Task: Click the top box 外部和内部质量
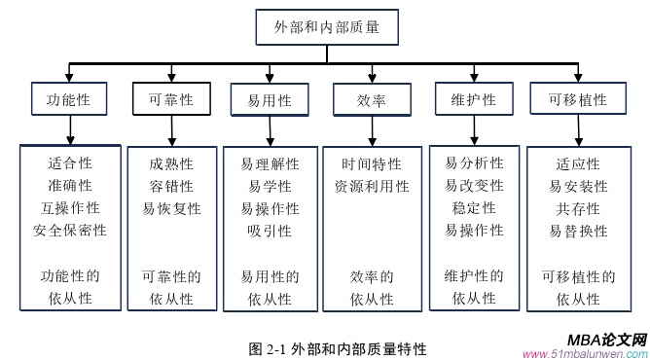[327, 28]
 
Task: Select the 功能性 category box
[67, 100]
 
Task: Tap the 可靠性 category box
[170, 99]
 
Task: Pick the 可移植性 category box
[578, 100]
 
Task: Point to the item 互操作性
[70, 208]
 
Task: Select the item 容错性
[171, 186]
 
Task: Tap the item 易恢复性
[171, 208]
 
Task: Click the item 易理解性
[270, 163]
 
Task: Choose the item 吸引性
[270, 231]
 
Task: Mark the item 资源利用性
[372, 186]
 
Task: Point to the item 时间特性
[372, 163]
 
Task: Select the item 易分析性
[474, 163]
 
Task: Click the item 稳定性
[474, 208]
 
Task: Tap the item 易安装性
[578, 186]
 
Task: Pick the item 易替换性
[578, 231]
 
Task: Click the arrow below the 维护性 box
[475, 129]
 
